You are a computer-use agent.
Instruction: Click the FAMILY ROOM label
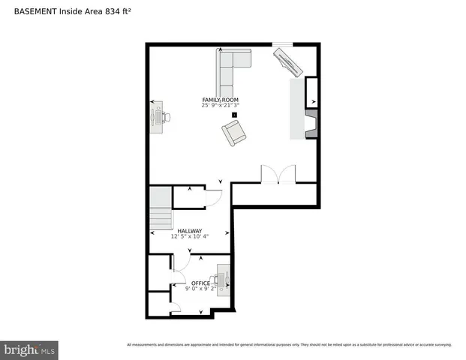pyautogui.click(x=220, y=100)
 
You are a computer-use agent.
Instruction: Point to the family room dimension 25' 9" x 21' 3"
pyautogui.click(x=220, y=106)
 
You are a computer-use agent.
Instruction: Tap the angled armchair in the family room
pyautogui.click(x=233, y=134)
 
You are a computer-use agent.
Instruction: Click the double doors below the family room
pyautogui.click(x=278, y=174)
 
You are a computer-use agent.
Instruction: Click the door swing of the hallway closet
pyautogui.click(x=213, y=199)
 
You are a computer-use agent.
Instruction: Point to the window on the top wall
pyautogui.click(x=282, y=44)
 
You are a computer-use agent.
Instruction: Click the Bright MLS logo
pyautogui.click(x=31, y=349)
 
